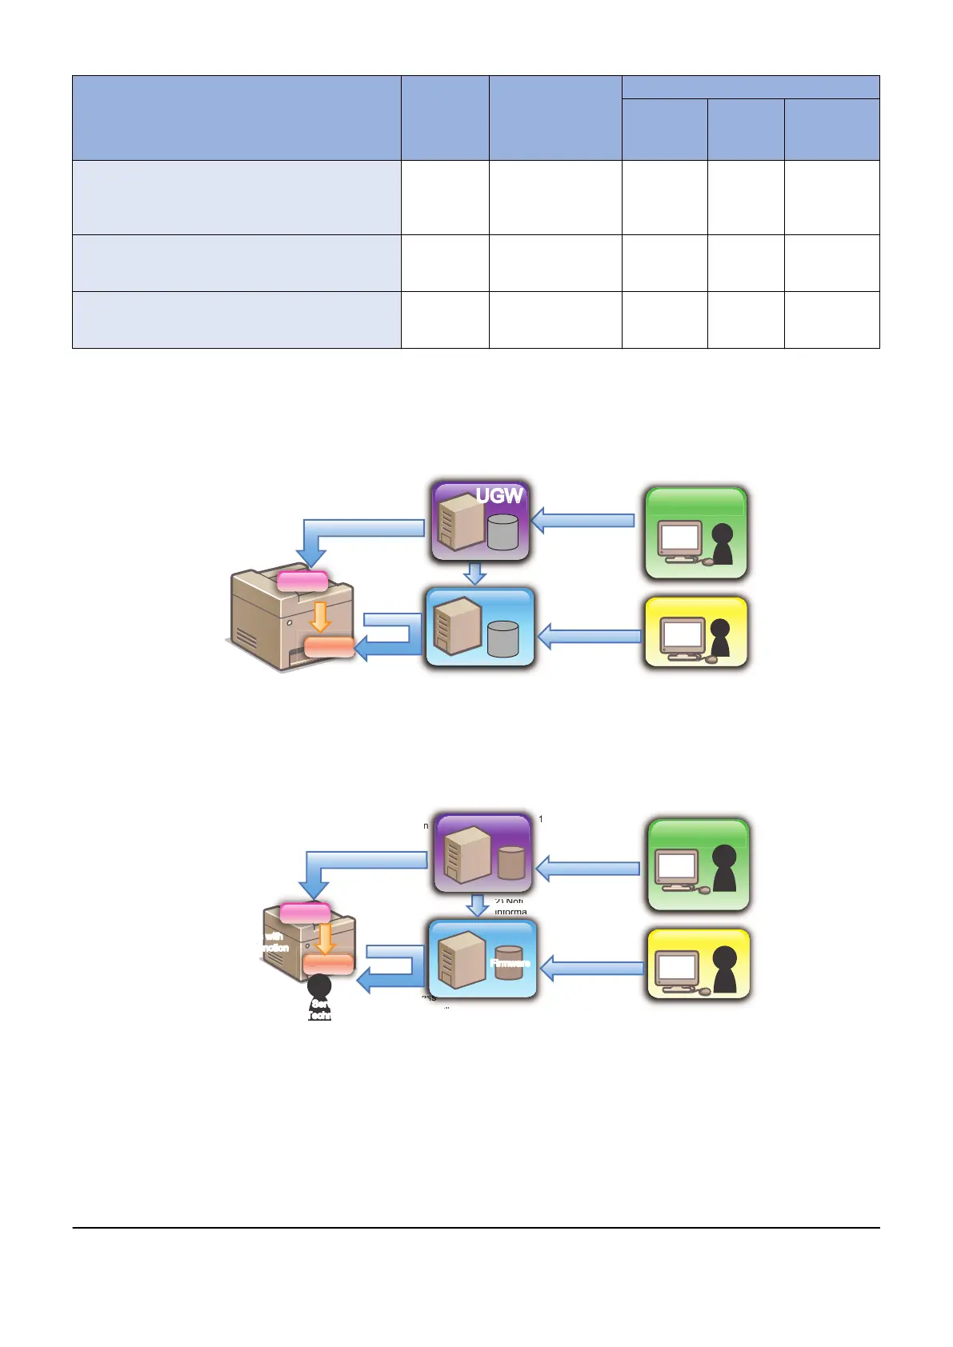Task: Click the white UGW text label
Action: tap(499, 496)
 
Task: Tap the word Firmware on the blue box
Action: tap(510, 963)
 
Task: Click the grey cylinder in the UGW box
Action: tap(503, 532)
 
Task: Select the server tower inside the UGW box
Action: tap(460, 524)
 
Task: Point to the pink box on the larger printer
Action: tap(302, 581)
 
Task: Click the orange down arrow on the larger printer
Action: tap(320, 617)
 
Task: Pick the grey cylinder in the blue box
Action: tap(503, 639)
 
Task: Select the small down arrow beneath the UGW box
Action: tap(475, 573)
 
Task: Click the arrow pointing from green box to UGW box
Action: tap(583, 520)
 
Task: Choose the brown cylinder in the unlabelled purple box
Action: tap(511, 861)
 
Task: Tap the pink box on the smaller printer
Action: tap(305, 913)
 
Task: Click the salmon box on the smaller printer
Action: tap(328, 965)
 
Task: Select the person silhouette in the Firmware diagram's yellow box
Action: tap(724, 970)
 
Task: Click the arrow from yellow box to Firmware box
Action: tap(592, 969)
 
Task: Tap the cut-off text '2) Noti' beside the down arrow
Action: tap(509, 901)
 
